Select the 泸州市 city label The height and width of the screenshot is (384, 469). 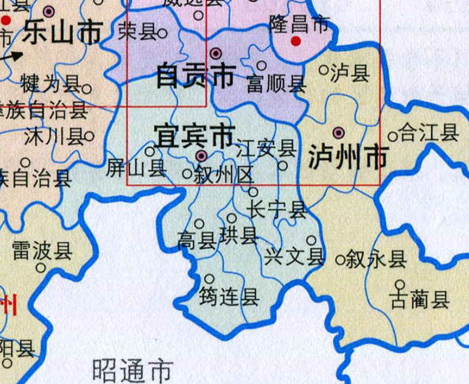346,156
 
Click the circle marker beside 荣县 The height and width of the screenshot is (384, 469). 162,33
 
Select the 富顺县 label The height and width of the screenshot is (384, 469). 275,85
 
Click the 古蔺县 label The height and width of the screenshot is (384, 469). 420,300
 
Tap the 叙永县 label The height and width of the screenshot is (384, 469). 378,259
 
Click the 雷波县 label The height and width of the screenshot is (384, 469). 42,250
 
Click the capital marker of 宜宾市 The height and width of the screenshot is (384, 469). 201,156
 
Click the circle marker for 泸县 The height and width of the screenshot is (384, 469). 323,70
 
